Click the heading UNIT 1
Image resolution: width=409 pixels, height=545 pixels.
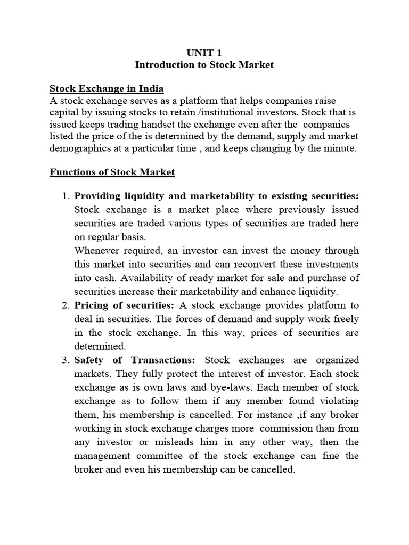click(x=204, y=52)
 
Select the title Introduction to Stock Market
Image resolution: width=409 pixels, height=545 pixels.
click(x=204, y=65)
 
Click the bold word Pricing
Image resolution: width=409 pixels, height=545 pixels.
click(x=92, y=305)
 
